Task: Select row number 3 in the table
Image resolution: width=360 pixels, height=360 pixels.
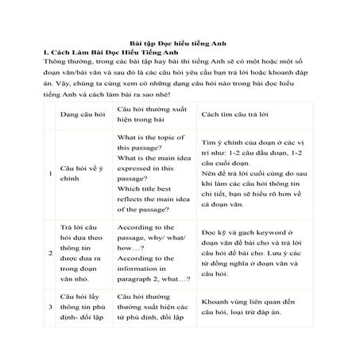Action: pos(51,306)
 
